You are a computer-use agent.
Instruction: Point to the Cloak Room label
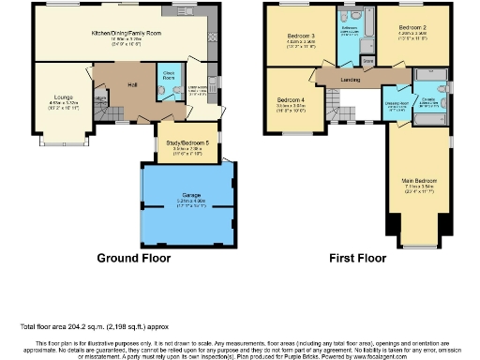[170, 73]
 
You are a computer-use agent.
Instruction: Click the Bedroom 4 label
[291, 99]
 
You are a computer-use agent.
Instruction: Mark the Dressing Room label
[394, 103]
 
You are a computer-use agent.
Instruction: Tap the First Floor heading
[356, 257]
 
